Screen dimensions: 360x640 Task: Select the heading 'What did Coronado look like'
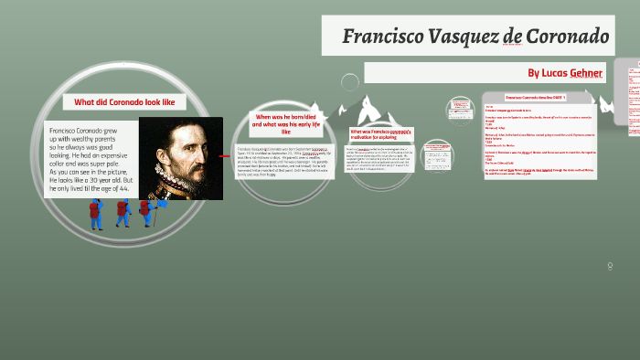pos(118,102)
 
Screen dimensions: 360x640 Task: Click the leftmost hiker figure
pos(95,214)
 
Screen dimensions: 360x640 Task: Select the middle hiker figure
pos(123,213)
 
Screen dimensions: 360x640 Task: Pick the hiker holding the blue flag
pos(145,214)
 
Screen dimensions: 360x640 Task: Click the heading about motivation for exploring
pos(381,134)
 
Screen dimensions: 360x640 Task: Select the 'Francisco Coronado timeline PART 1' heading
pos(536,97)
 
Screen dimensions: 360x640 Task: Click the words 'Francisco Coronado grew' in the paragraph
pos(90,131)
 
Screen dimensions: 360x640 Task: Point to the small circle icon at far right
pos(610,265)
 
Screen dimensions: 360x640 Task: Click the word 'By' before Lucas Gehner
pos(534,72)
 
